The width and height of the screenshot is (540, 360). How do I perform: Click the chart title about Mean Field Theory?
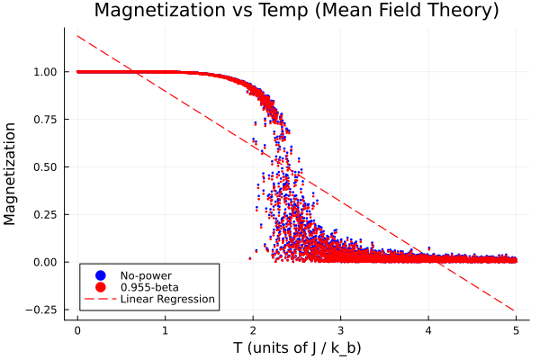click(x=296, y=12)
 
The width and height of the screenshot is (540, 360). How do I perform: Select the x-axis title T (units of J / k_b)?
click(x=296, y=347)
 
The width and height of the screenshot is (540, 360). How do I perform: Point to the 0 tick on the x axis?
click(x=77, y=330)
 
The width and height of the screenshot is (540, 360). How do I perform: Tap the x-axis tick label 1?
click(x=166, y=330)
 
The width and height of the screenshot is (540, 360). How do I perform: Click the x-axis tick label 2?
click(x=253, y=330)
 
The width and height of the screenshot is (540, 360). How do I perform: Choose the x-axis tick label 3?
click(x=340, y=330)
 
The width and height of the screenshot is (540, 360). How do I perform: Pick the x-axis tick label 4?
click(x=428, y=330)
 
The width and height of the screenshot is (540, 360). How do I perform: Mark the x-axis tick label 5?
click(x=516, y=330)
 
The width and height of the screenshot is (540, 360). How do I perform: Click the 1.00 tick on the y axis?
click(x=47, y=72)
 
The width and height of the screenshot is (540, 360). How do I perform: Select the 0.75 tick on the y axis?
click(x=47, y=120)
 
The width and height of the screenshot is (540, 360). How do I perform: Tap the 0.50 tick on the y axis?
click(x=47, y=166)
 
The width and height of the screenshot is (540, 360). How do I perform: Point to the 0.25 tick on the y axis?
click(x=47, y=214)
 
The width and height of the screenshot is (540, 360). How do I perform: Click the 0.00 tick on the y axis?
click(x=47, y=262)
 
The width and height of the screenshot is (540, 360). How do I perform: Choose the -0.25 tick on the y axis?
click(x=45, y=309)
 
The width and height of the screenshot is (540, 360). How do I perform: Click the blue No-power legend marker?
click(x=100, y=274)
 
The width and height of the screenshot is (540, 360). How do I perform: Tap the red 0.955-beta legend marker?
click(x=100, y=286)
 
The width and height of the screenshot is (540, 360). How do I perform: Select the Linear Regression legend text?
click(x=167, y=299)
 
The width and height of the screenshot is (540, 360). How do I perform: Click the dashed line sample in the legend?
click(x=100, y=299)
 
